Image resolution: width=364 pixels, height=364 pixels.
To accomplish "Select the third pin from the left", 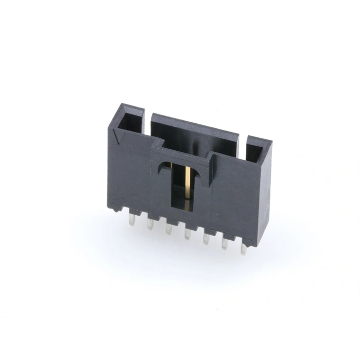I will [x=168, y=229].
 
